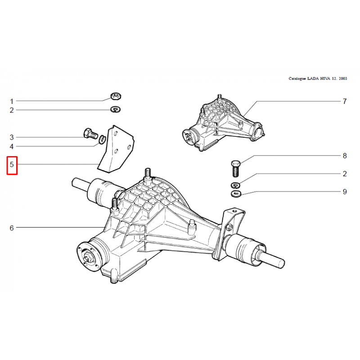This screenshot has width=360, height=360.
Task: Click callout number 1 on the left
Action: coord(12,101)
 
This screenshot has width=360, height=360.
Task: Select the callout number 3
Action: coord(12,137)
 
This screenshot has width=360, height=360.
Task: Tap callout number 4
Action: coord(12,147)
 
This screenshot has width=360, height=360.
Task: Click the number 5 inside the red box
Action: coord(12,164)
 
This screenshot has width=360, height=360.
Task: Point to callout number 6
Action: coord(12,228)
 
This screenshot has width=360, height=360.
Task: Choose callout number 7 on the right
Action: coord(345,101)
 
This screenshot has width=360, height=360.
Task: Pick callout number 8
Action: coord(345,156)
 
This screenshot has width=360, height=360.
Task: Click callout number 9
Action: coord(345,192)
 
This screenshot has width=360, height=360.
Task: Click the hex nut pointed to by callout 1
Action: coord(116,96)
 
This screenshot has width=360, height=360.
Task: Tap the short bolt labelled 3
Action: coord(90,133)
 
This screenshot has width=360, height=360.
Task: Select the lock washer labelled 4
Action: coord(102,139)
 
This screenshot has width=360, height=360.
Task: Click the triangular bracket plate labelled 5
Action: coord(117,149)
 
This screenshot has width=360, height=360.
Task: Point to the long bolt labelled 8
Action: coord(235,169)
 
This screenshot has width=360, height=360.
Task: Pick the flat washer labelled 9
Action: coord(236,193)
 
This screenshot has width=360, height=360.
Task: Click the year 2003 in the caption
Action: coord(342,78)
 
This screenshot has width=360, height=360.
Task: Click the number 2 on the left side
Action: coord(12,110)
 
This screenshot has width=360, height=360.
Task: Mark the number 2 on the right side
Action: coord(345,174)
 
